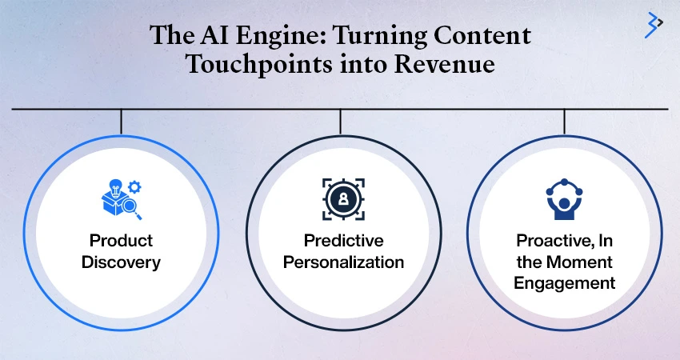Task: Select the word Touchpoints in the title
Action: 259,65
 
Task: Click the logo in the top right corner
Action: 654,25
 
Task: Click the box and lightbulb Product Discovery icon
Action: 122,199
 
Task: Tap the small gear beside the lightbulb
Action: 135,187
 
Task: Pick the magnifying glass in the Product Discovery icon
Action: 131,208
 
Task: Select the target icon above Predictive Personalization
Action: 343,199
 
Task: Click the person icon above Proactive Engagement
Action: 564,199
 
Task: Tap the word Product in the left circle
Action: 121,240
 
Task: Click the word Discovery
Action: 121,262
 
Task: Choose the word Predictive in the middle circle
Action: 343,240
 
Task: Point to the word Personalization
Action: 343,262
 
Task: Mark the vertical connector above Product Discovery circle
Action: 121,122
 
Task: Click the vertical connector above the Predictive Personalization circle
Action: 341,122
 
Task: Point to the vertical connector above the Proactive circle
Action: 564,122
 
